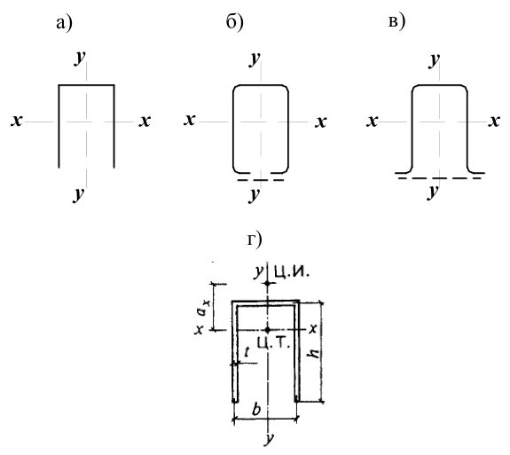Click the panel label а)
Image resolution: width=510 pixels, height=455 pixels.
[64, 24]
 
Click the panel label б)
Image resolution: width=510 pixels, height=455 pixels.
[234, 23]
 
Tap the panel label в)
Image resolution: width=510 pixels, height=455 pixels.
[396, 23]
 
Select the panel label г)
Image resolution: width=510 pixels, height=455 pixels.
[255, 240]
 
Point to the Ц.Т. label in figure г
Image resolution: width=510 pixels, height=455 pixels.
[273, 342]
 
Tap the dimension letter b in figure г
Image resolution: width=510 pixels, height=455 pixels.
[256, 410]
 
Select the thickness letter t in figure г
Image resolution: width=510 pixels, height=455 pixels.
[247, 352]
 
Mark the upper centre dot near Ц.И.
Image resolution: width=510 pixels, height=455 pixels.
[267, 284]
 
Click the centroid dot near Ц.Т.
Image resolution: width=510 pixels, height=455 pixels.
[267, 330]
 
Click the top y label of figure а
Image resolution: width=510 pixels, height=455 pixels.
[80, 58]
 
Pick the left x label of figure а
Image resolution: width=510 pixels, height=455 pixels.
[16, 121]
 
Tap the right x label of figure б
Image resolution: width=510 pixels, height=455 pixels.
[321, 122]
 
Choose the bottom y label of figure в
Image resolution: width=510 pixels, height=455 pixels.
[433, 192]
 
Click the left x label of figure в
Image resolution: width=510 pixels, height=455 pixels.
[373, 122]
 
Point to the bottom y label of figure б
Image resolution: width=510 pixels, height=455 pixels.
[255, 195]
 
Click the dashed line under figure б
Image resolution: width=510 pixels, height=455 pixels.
[261, 180]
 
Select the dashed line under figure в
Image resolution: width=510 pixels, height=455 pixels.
[439, 178]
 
